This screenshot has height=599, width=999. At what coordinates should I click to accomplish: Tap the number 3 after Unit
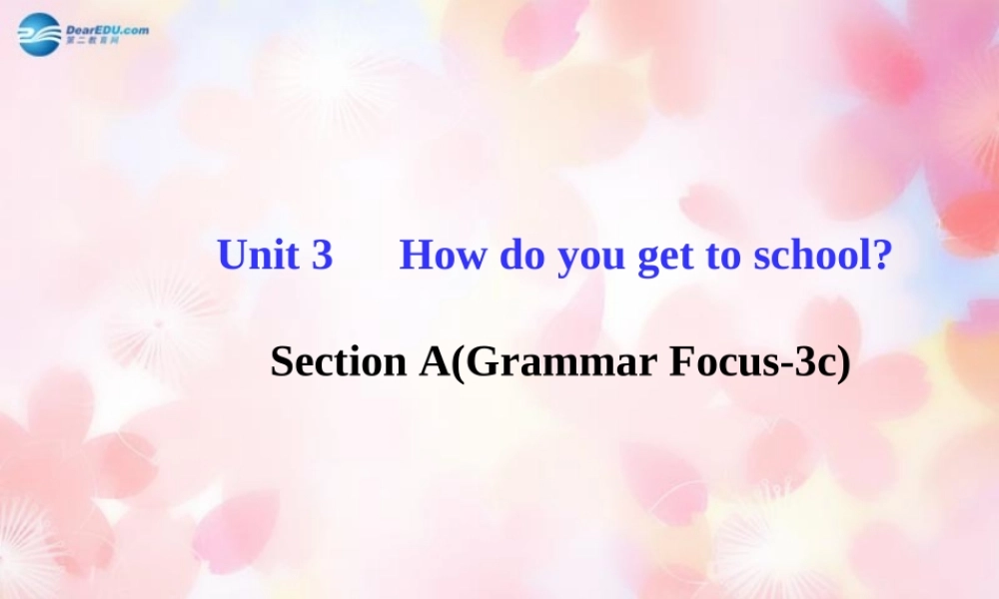[322, 256]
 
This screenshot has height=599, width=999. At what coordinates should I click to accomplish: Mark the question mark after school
[881, 256]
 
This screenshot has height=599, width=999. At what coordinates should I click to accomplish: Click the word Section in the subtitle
[334, 362]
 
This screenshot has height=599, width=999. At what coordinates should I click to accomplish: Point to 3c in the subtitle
[817, 362]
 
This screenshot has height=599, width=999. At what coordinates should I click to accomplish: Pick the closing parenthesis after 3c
[844, 363]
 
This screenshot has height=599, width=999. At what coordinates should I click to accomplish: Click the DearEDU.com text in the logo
[108, 30]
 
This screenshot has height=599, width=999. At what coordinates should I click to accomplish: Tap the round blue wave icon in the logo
[39, 34]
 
